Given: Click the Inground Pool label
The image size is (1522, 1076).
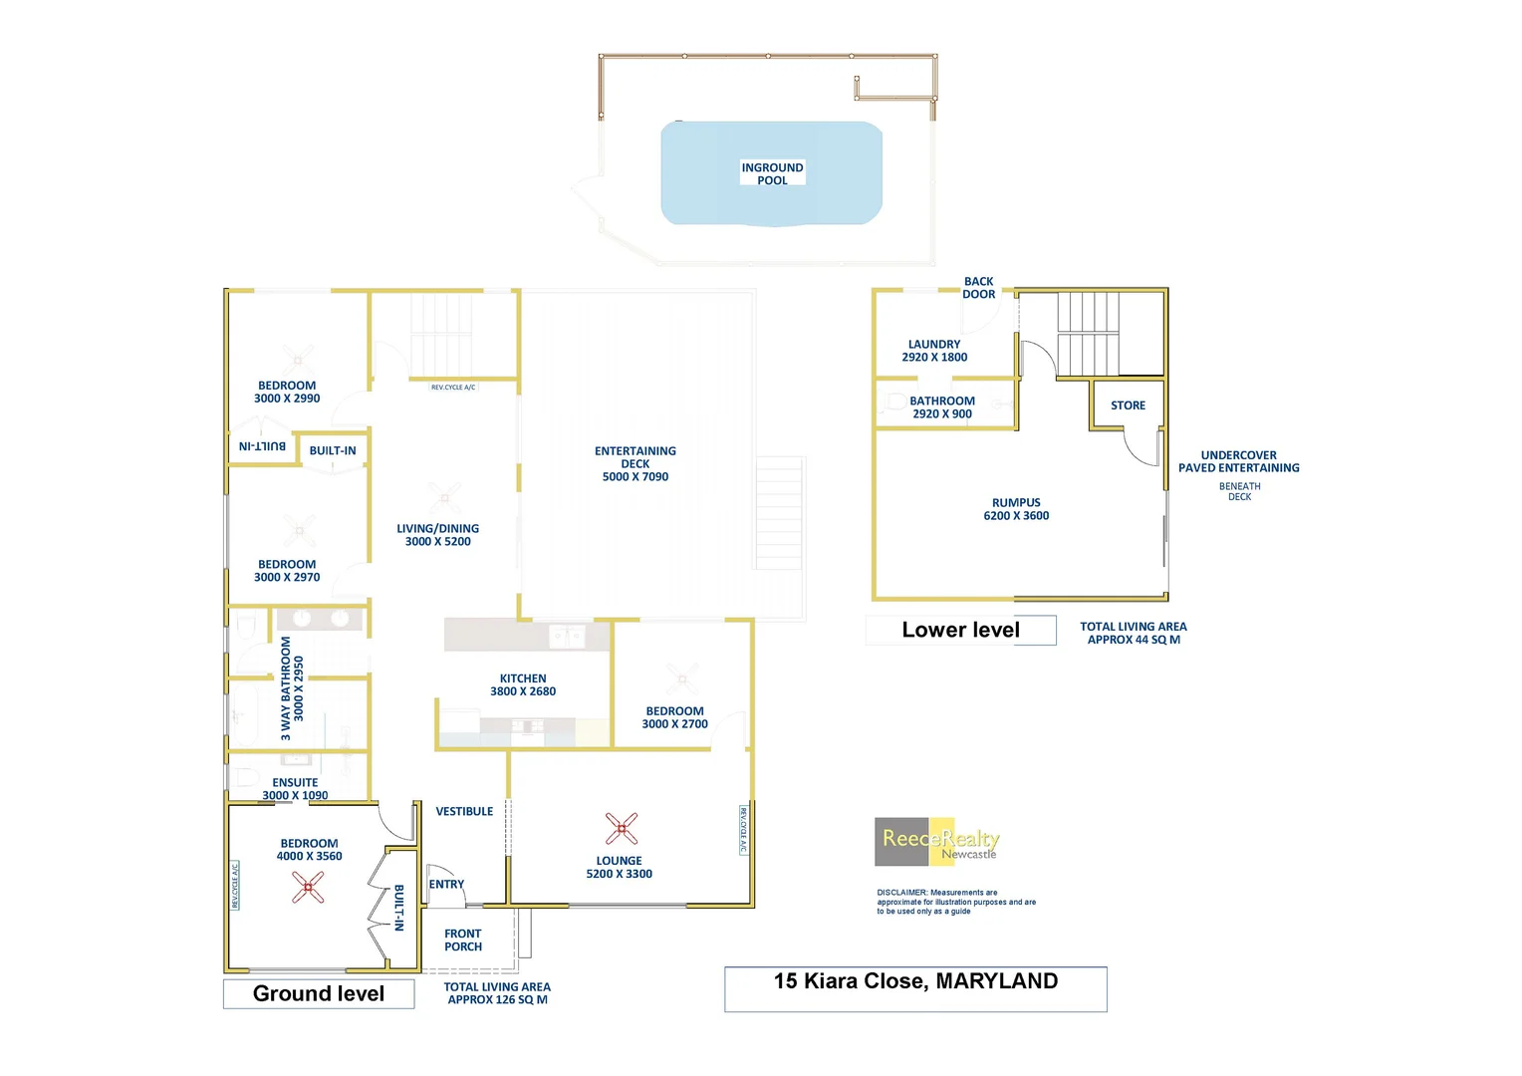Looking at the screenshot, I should pos(772,174).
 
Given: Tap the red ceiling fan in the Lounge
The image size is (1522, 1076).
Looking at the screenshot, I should pos(622,828).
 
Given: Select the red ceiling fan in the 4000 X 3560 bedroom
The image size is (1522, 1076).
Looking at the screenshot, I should pos(308,887).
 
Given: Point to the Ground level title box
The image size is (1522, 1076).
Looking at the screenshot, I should pos(319,994).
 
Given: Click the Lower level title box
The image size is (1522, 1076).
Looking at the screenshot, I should pos(960,630).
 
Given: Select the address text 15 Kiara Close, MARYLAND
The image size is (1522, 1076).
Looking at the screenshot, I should pos(915,981).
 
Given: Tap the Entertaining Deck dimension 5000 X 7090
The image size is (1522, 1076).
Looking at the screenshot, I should pos(635,477).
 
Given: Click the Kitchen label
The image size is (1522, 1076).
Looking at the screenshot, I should pos(523,678).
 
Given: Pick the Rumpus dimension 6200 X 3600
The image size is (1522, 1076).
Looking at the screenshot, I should pos(1016,516).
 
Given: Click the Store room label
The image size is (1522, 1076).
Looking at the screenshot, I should pos(1128,405).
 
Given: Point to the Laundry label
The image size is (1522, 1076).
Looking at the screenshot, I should pos(934,345).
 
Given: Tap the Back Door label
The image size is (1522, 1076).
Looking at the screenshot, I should pos(979,288).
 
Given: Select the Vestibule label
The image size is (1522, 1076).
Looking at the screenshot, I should pos(464,812).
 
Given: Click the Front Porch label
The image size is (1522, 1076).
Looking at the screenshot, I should pos(463,941).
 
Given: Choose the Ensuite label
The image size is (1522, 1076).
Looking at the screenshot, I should pos(295,783).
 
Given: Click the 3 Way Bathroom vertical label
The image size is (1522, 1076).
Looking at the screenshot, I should pos(286,688).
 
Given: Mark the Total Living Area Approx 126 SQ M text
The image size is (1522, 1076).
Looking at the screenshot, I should pos(497,993).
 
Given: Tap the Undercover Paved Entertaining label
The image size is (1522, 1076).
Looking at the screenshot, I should pos(1239,461).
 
